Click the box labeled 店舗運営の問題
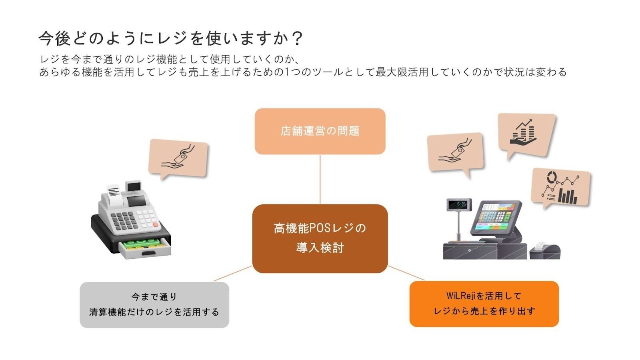coord(320,131)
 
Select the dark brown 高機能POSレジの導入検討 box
coord(320,238)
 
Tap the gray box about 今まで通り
coord(154,305)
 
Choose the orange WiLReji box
coord(484,304)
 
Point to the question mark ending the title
coord(297,39)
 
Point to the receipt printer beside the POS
coord(545,251)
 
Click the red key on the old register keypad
coord(156,225)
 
